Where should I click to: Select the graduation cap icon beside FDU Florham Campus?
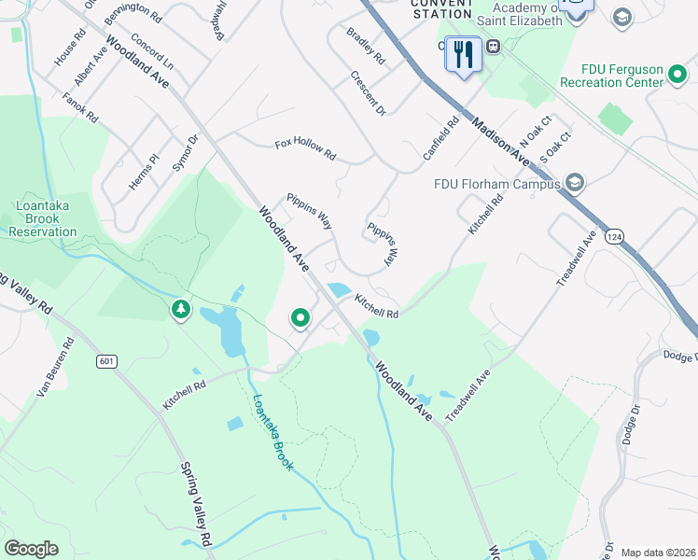tap(574, 182)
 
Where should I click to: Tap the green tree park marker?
tap(180, 308)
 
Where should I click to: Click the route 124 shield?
tap(612, 238)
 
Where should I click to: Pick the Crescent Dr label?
tap(368, 93)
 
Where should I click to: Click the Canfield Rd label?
tap(441, 138)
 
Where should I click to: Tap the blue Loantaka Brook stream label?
tap(273, 431)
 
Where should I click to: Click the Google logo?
tap(32, 548)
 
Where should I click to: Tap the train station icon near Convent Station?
tap(492, 46)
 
